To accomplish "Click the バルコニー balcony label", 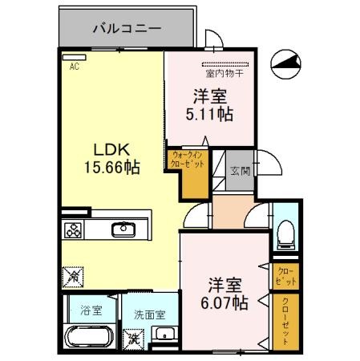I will point(127,27).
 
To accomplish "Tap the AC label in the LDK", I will point(75,67).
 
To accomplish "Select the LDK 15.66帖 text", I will point(114,158).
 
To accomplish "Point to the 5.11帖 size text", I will point(209,115).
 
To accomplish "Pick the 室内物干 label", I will point(226,75).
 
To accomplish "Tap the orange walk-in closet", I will point(187,167).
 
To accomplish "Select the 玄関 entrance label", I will point(240,170).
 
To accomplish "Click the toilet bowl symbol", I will point(285,233).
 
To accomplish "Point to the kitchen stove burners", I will point(73,231).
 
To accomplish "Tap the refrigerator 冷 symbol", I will point(71,274).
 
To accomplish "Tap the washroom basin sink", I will point(164,334).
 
